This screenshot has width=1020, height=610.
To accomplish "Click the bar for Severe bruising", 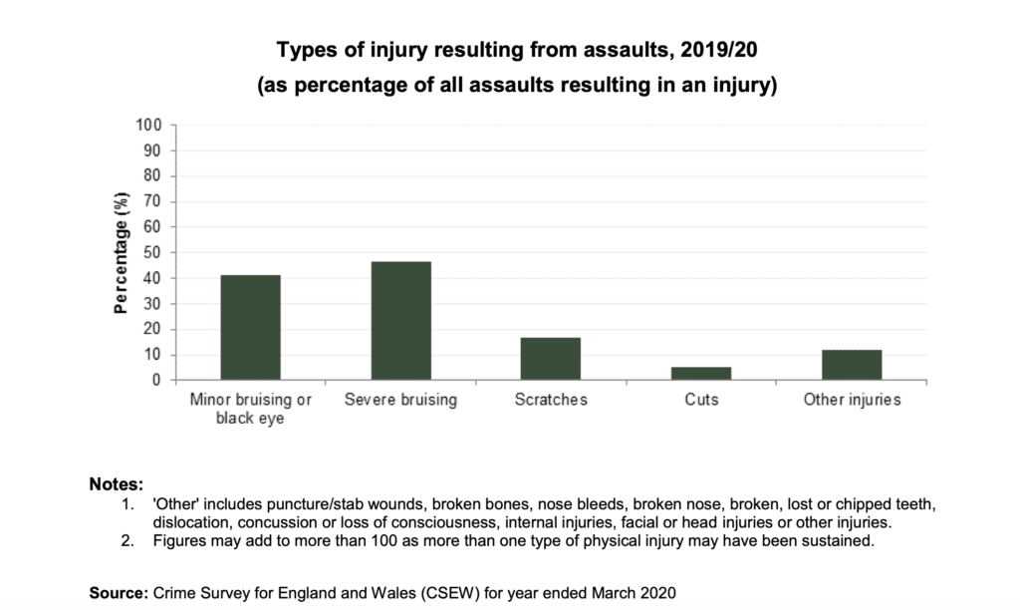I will click(x=400, y=321).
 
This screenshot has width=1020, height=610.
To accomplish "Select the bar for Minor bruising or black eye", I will click(x=250, y=328).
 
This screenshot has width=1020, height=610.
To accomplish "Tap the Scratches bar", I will click(x=551, y=359).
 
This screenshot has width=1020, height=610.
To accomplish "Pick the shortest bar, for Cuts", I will click(x=700, y=374).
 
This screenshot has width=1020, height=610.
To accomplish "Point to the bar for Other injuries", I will click(x=851, y=365).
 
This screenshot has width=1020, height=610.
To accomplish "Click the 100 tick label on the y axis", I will click(x=148, y=126).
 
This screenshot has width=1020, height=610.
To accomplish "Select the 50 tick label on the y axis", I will click(x=152, y=253).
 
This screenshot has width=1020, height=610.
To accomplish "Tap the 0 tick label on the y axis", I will click(x=156, y=381).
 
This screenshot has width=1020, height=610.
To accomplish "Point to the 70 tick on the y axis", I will click(x=152, y=202).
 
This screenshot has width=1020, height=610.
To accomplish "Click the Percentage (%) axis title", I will click(x=121, y=253).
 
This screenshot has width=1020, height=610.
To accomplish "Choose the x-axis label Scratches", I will click(x=551, y=401).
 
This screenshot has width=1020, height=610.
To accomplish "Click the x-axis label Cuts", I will click(x=700, y=401).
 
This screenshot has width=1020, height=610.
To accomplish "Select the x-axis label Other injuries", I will click(x=852, y=401).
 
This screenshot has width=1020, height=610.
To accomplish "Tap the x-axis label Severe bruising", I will click(x=400, y=401).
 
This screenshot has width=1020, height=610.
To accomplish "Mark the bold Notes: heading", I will click(x=117, y=485).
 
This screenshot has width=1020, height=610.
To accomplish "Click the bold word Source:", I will click(x=119, y=593).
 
